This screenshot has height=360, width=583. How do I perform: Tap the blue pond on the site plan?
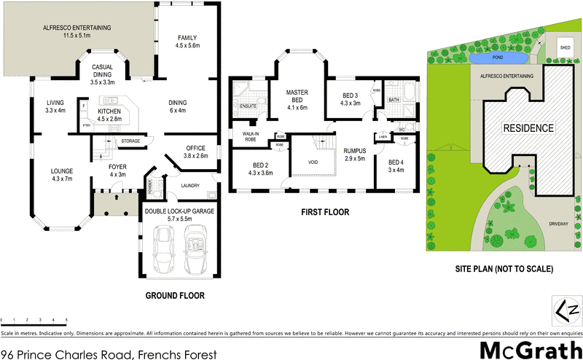pos(499,58)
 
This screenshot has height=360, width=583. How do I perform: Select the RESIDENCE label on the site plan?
pos(528,128)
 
